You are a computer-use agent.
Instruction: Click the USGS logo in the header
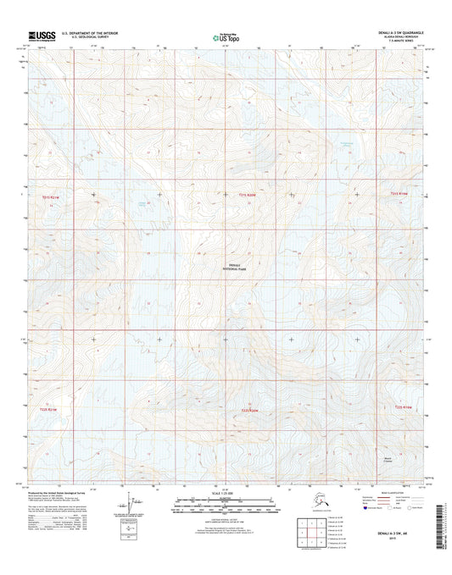tap(42, 36)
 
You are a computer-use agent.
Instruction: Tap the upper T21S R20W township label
tap(247, 196)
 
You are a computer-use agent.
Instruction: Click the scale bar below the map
tap(225, 508)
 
